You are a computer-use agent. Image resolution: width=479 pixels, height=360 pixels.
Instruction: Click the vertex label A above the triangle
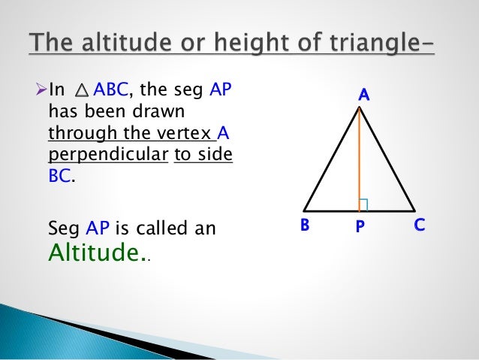pyautogui.click(x=363, y=95)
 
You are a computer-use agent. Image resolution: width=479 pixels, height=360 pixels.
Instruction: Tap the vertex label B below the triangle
pyautogui.click(x=306, y=225)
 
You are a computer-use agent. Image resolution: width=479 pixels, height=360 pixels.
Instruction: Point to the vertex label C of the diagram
pyautogui.click(x=420, y=225)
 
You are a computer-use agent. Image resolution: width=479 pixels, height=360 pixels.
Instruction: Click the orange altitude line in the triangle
pyautogui.click(x=360, y=158)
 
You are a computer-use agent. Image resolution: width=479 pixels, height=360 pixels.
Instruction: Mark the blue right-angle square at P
pyautogui.click(x=364, y=204)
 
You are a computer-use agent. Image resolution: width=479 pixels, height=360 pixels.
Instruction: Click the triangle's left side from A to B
pyautogui.click(x=332, y=159)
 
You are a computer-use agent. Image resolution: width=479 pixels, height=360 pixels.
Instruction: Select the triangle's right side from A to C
pyautogui.click(x=387, y=159)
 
